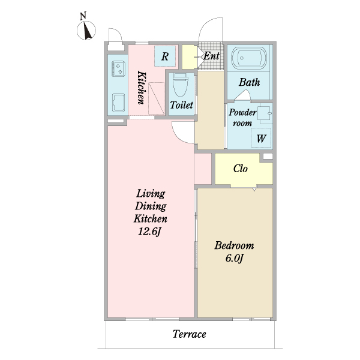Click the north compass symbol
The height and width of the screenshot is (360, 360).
click(x=86, y=31)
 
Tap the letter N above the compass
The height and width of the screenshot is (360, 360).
click(x=83, y=16)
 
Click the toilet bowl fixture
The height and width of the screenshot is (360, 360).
click(x=181, y=85)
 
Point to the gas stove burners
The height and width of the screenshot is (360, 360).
click(x=118, y=68)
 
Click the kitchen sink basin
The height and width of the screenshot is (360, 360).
click(x=118, y=103)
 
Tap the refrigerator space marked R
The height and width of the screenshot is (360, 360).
click(x=165, y=56)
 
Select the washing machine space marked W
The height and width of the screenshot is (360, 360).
click(x=261, y=138)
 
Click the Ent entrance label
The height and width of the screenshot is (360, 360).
click(x=211, y=56)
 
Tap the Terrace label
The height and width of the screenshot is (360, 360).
click(x=189, y=334)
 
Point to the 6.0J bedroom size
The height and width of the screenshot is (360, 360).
click(x=234, y=259)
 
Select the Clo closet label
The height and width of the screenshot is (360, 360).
click(x=241, y=169)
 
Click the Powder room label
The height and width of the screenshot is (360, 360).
click(x=242, y=118)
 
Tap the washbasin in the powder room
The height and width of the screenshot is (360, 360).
click(x=265, y=113)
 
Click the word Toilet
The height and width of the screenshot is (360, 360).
click(x=181, y=105)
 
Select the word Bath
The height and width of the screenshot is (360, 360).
click(x=250, y=82)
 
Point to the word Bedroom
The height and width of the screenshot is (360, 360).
click(x=234, y=245)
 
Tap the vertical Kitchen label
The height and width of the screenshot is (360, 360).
click(x=142, y=88)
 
